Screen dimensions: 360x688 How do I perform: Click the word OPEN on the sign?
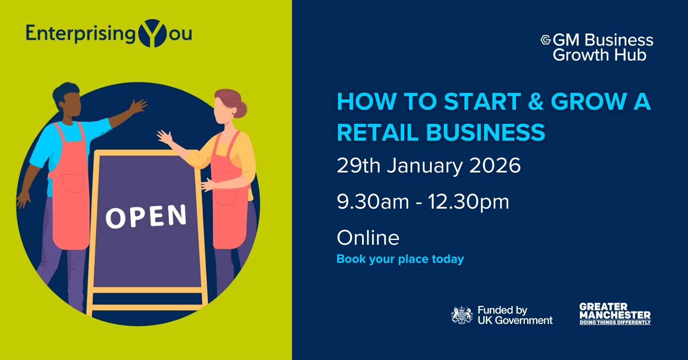tap(146, 216)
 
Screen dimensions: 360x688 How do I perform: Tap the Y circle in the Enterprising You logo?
tap(153, 33)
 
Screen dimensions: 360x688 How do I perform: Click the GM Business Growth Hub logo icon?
tap(546, 40)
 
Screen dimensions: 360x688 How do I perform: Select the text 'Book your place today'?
tap(400, 259)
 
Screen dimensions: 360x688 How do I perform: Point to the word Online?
tap(368, 238)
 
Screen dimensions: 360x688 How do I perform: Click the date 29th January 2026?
tap(428, 166)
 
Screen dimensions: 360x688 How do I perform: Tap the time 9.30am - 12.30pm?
tap(423, 202)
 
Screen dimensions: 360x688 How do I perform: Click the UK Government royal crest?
tap(462, 315)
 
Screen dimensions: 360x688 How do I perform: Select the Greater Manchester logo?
tap(615, 313)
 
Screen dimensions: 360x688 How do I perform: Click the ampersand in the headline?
tap(536, 102)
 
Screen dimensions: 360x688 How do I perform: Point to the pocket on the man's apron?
tap(73, 182)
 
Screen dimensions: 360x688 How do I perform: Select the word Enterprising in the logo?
tap(80, 34)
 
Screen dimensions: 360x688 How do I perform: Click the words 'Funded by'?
tap(502, 310)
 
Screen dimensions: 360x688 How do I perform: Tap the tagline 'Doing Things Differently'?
tap(615, 323)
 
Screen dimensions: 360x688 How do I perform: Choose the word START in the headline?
tap(482, 102)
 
